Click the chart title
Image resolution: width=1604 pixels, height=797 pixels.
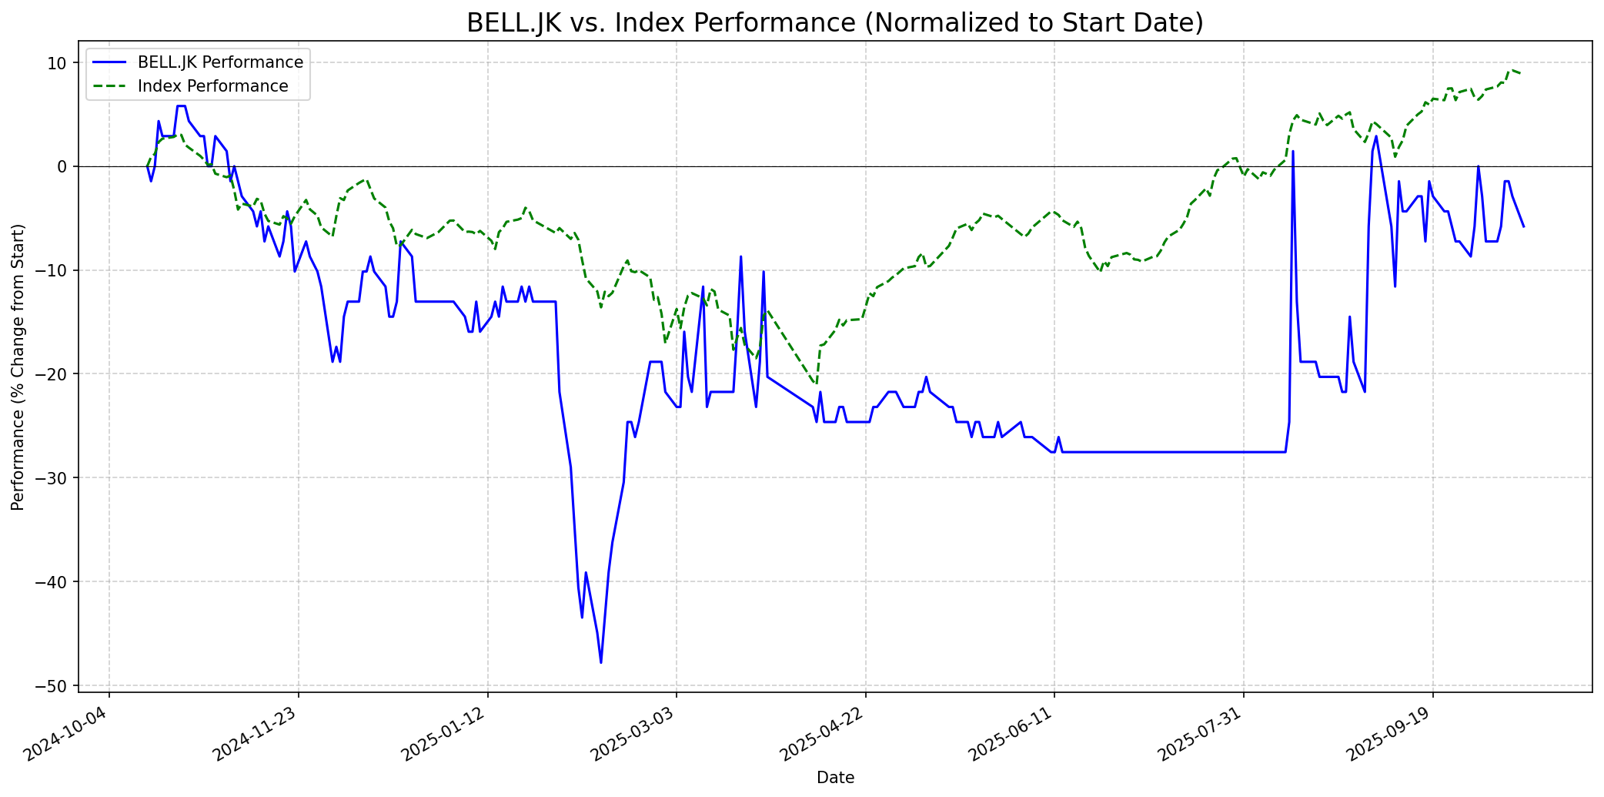click(x=834, y=23)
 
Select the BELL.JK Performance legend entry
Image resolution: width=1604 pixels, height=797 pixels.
click(x=220, y=62)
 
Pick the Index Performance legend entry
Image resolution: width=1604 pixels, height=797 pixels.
click(x=212, y=86)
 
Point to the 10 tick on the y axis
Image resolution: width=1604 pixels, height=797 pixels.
click(x=58, y=62)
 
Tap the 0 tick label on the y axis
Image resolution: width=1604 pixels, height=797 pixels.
click(x=63, y=166)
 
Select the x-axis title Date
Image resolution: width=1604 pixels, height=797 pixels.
click(x=835, y=778)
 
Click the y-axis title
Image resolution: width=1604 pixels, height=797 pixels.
click(x=18, y=367)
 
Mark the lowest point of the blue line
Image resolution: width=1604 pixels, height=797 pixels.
click(x=601, y=662)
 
